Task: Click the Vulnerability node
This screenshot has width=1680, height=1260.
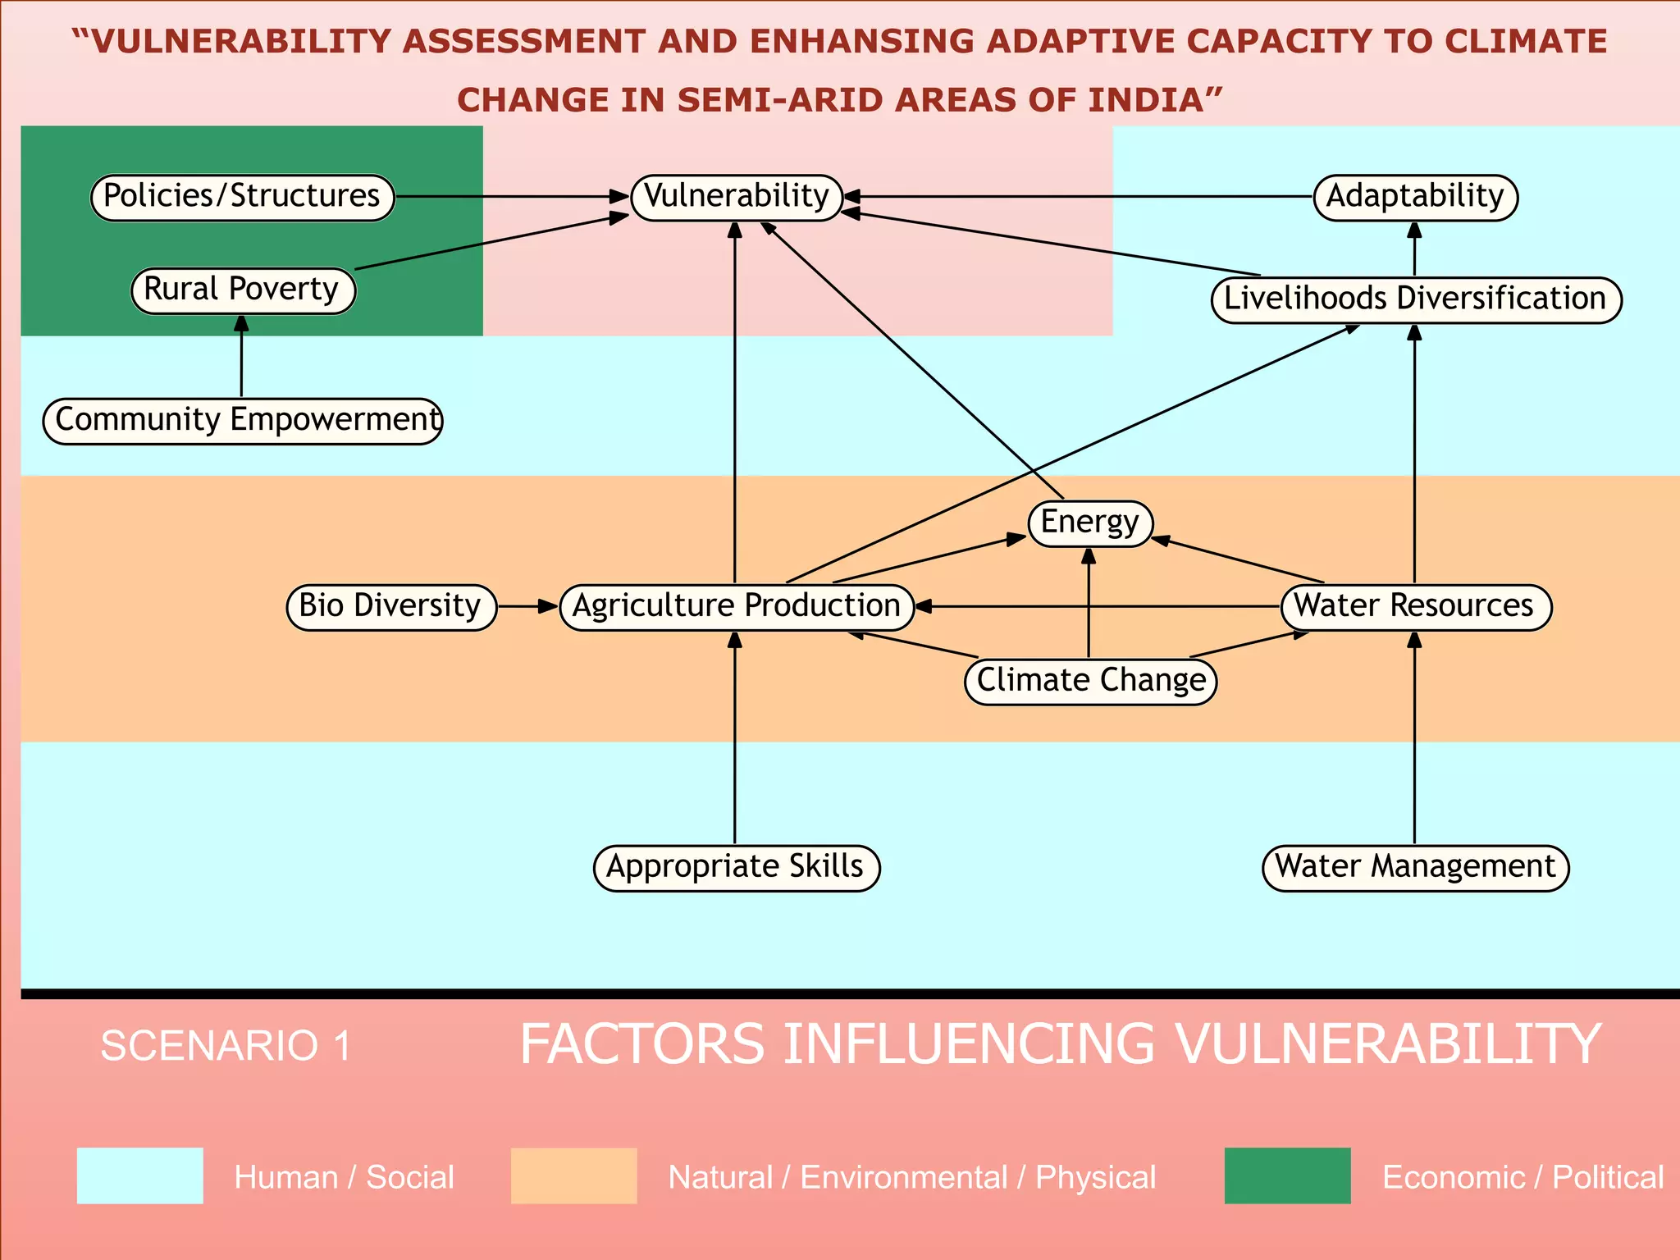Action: pos(736,197)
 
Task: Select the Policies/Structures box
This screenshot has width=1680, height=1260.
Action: pos(242,197)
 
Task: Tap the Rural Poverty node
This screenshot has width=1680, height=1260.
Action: pos(243,290)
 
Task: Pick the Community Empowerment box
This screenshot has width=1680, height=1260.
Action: pos(243,421)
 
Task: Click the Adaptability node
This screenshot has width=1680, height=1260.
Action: pos(1415,197)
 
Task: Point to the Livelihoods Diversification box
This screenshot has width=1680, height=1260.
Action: pos(1415,299)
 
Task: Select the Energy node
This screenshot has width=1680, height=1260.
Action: pos(1090,523)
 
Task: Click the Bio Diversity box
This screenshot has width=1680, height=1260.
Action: pos(391,607)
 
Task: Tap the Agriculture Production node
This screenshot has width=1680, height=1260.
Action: pos(736,607)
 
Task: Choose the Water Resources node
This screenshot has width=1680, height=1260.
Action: pos(1415,607)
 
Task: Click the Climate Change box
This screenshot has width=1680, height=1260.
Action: pos(1090,681)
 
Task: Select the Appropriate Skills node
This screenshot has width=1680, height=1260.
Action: pos(736,868)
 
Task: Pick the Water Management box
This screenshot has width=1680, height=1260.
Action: pos(1415,868)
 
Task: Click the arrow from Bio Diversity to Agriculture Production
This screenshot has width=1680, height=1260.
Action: pos(527,607)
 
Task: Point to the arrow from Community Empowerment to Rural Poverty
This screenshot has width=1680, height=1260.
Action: pos(241,357)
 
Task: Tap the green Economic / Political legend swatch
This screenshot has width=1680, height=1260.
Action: pos(1287,1176)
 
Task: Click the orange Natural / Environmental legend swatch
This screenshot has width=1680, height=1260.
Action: pos(573,1176)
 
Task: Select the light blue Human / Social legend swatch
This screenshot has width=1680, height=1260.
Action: pos(139,1176)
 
